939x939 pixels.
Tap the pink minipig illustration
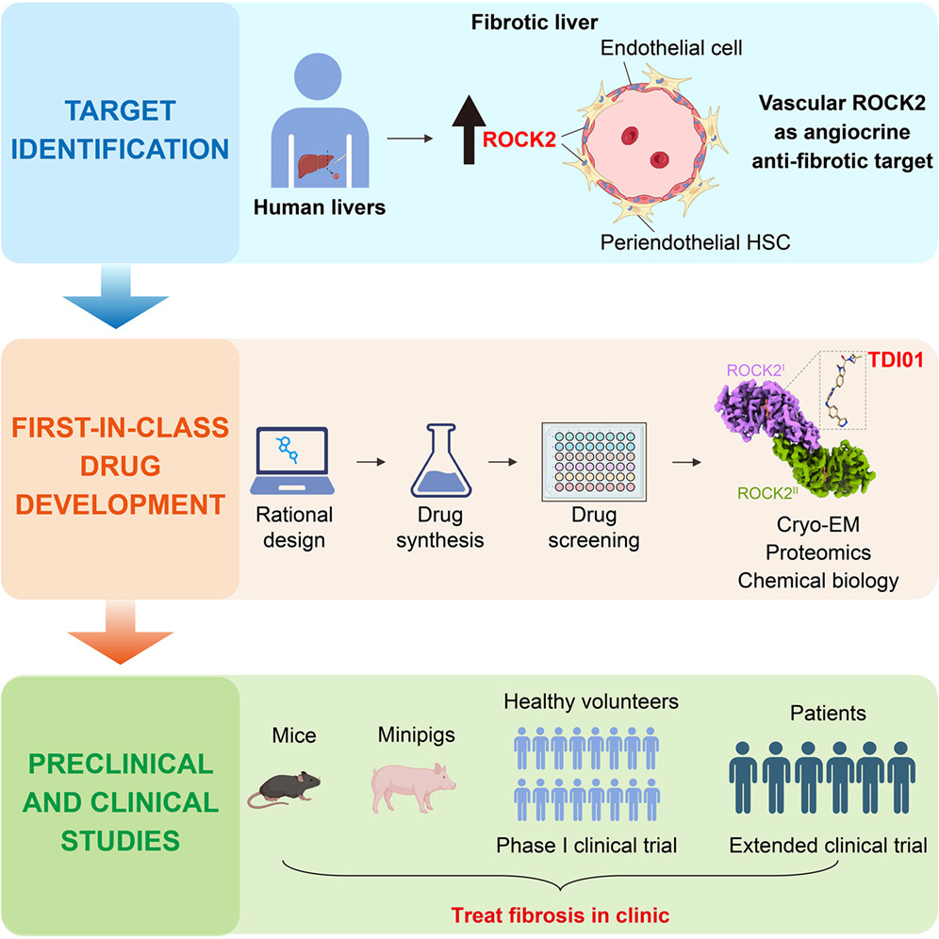click(413, 787)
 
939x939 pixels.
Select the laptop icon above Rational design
click(292, 460)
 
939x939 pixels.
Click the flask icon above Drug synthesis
click(441, 460)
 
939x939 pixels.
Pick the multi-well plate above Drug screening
click(594, 461)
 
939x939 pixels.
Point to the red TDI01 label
click(896, 360)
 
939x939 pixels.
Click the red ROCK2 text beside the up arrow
click(519, 140)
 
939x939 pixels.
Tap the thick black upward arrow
click(469, 129)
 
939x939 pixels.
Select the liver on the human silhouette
click(316, 166)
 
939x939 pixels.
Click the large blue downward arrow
click(116, 296)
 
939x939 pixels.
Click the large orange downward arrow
click(121, 633)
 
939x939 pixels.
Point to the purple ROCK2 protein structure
click(767, 413)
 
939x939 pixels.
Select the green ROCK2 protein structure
click(823, 467)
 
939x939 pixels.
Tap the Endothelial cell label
click(671, 48)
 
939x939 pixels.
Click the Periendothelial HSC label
click(695, 242)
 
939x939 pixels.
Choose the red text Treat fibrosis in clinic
click(560, 915)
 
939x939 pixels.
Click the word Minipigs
click(416, 734)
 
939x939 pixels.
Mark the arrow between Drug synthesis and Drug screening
click(502, 462)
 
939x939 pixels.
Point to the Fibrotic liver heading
click(535, 23)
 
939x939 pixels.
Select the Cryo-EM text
click(818, 524)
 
